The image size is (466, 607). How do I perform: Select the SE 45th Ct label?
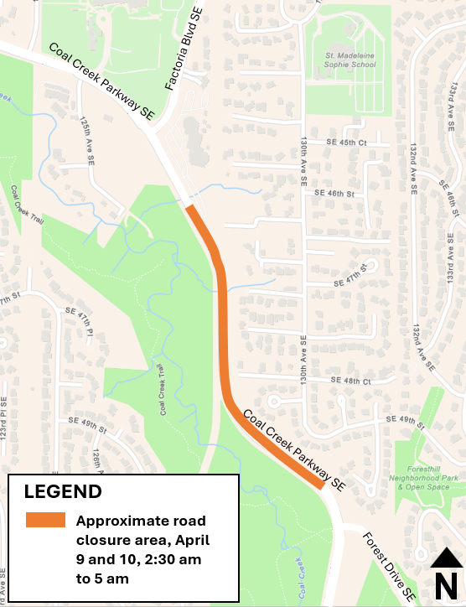point(341,143)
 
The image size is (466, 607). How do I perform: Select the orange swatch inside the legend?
point(45,520)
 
